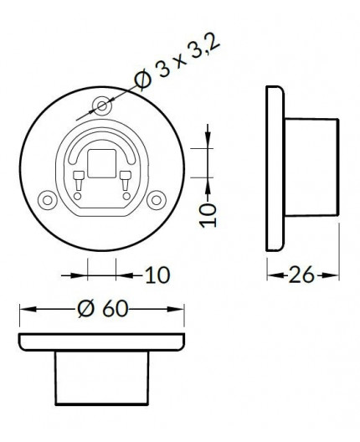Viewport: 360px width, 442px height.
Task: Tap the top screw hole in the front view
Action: (103, 106)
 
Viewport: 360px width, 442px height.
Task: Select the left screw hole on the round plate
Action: (47, 200)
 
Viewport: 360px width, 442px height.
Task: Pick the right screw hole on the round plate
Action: (156, 200)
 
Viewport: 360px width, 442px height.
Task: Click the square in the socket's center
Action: (102, 164)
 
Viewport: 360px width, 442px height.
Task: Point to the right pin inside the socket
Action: (125, 178)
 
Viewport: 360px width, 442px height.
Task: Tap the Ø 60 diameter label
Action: (102, 309)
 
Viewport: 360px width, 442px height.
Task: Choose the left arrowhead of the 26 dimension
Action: (271, 274)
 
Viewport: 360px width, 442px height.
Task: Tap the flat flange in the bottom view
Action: (102, 342)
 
